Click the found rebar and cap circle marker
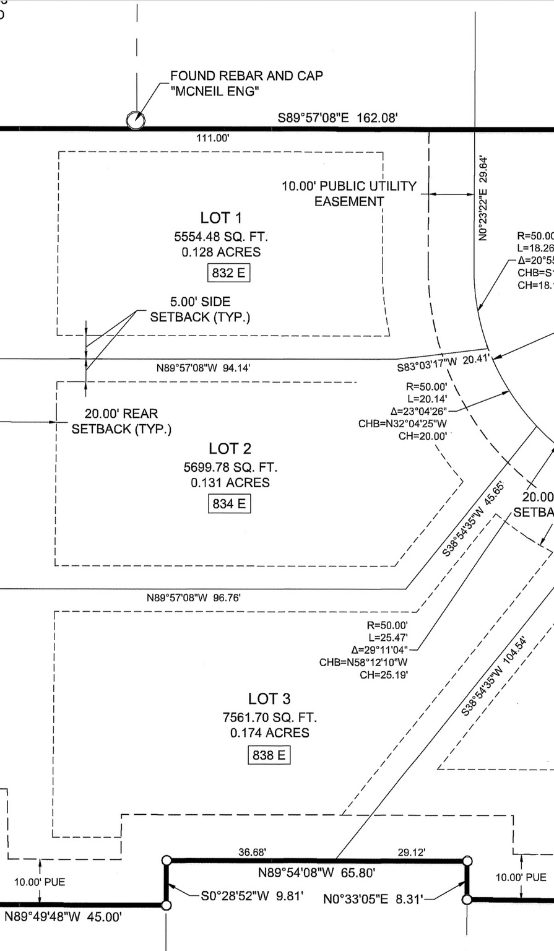136,120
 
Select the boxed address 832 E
228,272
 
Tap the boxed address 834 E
229,504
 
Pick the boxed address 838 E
269,755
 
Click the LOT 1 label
221,217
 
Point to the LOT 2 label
230,448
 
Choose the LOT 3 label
269,698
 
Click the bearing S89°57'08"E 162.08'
337,117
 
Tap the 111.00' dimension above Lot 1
213,138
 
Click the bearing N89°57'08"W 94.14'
203,368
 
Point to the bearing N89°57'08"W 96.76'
193,598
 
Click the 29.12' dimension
411,853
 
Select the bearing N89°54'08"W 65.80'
316,873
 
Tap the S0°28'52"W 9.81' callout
252,895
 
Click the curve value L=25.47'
388,638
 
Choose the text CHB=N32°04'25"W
402,424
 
